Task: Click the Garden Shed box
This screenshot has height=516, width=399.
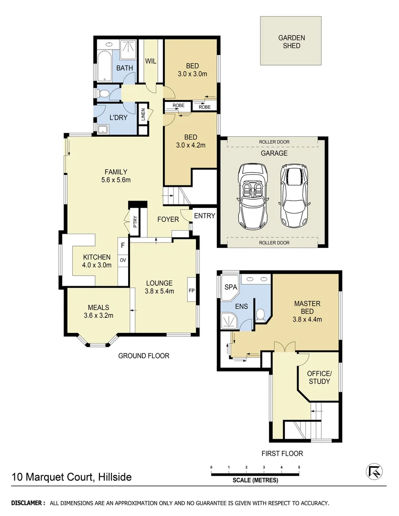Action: tap(291, 41)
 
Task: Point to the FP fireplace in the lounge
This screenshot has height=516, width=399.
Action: tap(191, 290)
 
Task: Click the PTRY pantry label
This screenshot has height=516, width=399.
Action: tap(135, 223)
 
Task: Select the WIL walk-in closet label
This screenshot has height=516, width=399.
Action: tap(151, 61)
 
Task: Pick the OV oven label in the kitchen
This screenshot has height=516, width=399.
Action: tap(123, 260)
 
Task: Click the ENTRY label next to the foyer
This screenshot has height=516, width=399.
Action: tap(205, 216)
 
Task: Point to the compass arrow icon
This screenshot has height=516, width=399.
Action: tap(375, 472)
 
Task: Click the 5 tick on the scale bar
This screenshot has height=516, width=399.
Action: tap(299, 467)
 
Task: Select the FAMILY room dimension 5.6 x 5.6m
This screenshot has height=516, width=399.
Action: tap(116, 180)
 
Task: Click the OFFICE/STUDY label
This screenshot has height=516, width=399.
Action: tap(319, 377)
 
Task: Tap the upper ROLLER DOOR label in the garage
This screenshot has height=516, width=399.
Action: tap(274, 142)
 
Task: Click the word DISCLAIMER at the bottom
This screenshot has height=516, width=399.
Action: tap(28, 503)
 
